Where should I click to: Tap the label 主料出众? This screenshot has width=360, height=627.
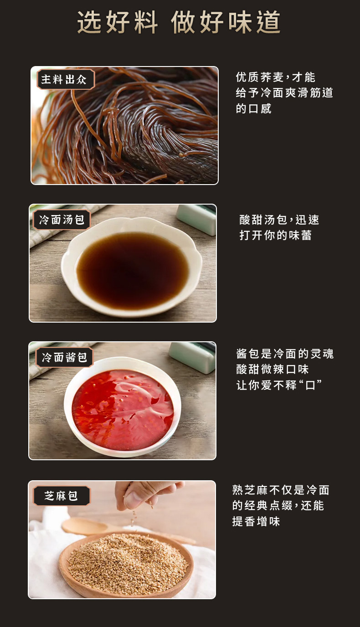(65, 80)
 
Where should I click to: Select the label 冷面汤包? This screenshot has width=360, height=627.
(62, 220)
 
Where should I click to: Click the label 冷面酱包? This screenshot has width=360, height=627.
(64, 357)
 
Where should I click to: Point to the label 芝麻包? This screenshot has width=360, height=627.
(62, 496)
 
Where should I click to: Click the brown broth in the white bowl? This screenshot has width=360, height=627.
(132, 269)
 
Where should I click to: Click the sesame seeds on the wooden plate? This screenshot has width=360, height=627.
(128, 563)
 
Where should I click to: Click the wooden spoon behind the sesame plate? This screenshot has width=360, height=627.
(87, 526)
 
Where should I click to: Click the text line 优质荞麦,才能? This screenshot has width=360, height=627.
(276, 77)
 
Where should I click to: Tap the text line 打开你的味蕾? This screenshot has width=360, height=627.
(276, 236)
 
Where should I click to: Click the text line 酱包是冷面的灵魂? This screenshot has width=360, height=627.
(285, 354)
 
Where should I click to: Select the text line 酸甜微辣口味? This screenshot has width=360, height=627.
(273, 369)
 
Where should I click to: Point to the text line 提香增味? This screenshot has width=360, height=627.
(256, 521)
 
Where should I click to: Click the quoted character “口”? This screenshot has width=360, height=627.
(310, 385)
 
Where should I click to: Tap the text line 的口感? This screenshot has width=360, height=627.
(254, 108)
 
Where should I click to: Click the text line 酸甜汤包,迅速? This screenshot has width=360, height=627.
(279, 220)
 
